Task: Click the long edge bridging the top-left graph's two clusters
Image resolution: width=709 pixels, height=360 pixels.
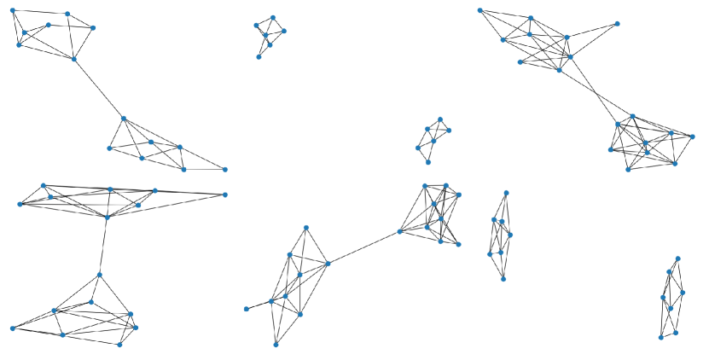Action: coord(99,89)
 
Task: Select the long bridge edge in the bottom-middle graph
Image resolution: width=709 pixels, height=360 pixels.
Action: coord(363,247)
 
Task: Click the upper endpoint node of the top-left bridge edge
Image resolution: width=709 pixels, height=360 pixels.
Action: coord(74,59)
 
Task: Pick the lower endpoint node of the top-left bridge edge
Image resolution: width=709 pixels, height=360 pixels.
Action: coord(124,119)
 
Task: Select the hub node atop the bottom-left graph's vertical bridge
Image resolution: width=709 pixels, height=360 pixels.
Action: coord(107,217)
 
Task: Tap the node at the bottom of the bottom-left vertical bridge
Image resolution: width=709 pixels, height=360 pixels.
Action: coord(100,275)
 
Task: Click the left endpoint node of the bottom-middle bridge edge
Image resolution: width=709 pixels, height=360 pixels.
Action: coord(328,264)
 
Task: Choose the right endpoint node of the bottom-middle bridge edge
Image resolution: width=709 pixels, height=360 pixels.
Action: coord(399,231)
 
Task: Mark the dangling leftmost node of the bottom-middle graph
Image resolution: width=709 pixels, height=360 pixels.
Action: coord(246,309)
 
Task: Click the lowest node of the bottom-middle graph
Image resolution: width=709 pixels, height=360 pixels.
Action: coord(276,345)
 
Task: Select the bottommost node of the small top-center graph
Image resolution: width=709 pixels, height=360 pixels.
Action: coord(259,57)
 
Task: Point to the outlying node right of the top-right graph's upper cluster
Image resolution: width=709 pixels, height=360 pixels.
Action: coord(617,24)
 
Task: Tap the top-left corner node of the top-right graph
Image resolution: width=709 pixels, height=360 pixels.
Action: coord(480,10)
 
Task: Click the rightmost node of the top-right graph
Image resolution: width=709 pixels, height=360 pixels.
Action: coord(694,136)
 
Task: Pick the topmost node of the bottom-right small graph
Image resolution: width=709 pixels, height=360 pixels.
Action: coord(678,258)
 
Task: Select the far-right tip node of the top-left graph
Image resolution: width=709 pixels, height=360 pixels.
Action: coord(225,169)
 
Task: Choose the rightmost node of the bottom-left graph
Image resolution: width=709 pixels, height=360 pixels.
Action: coord(225,195)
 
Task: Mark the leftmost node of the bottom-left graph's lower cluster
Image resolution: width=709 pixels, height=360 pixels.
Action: coord(12,328)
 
